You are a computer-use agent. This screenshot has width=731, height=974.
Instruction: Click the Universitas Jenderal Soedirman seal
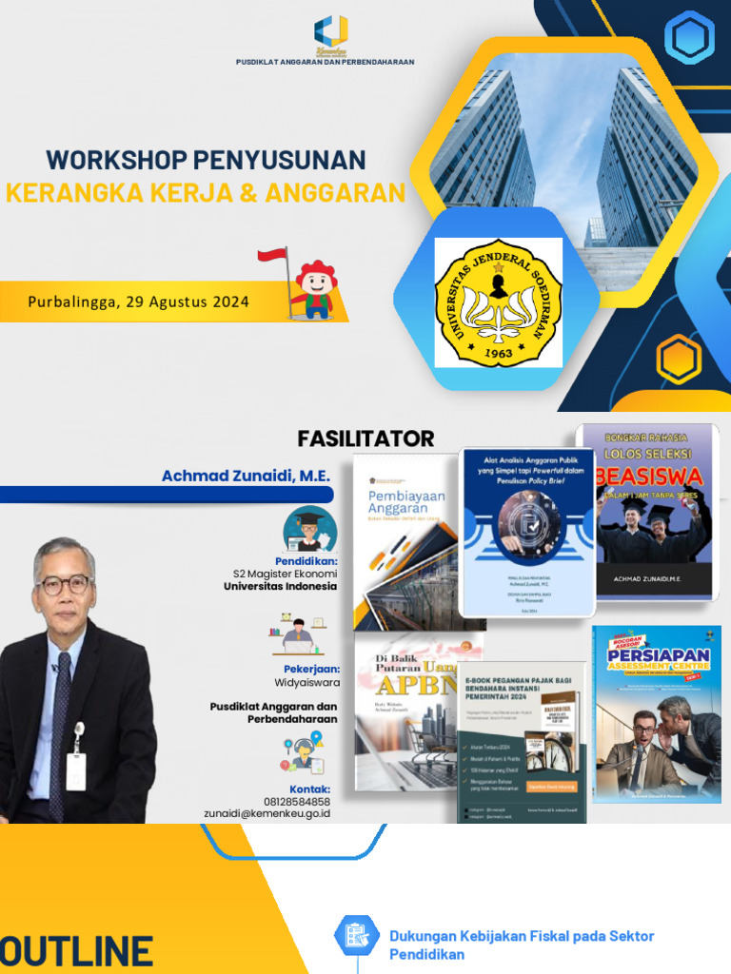point(498,302)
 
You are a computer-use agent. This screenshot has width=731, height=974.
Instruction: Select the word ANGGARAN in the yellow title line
point(335,193)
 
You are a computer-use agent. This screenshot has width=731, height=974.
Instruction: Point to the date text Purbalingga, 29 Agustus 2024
point(138,302)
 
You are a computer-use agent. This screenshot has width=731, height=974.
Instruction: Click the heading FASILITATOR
point(365,438)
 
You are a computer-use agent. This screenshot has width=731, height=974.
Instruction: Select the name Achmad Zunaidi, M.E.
point(245,475)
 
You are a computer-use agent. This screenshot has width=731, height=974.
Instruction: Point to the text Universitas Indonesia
point(280,586)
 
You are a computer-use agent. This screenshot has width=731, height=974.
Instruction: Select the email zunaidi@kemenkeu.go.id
point(269,814)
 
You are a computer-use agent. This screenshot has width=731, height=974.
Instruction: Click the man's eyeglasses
point(64,584)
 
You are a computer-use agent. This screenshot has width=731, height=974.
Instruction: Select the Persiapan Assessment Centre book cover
point(656,712)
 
